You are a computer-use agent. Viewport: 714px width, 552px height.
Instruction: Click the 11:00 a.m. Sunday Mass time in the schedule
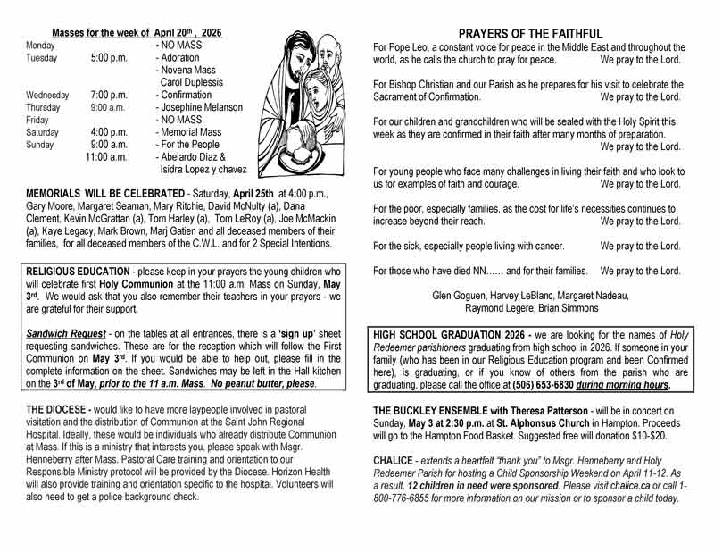coord(109,155)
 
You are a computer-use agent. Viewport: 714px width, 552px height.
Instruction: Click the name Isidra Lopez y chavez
coord(203,168)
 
